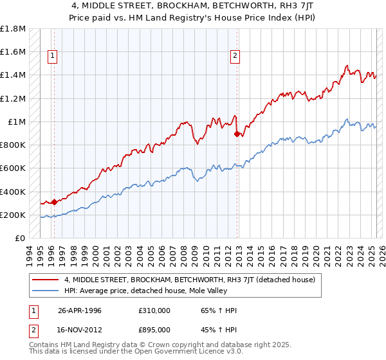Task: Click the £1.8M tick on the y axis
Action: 14,29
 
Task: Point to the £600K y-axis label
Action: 14,168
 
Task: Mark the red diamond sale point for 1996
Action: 54,202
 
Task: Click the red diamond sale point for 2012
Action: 237,134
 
